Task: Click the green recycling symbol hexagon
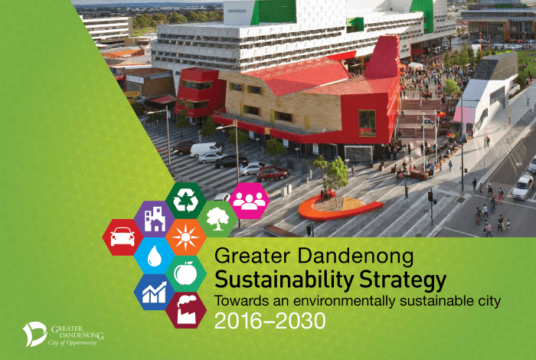pos(185,201)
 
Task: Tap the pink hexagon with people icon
pos(248,201)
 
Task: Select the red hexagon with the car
pos(123,237)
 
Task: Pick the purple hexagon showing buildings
pos(154,219)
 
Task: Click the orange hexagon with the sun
pos(185,237)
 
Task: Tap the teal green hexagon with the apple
pos(185,273)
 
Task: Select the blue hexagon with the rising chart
pos(154,292)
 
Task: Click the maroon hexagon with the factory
pos(185,310)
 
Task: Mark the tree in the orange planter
pos(332,176)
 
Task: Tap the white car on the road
pos(523,185)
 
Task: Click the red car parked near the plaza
pos(271,174)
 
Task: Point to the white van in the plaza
pos(206,149)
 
